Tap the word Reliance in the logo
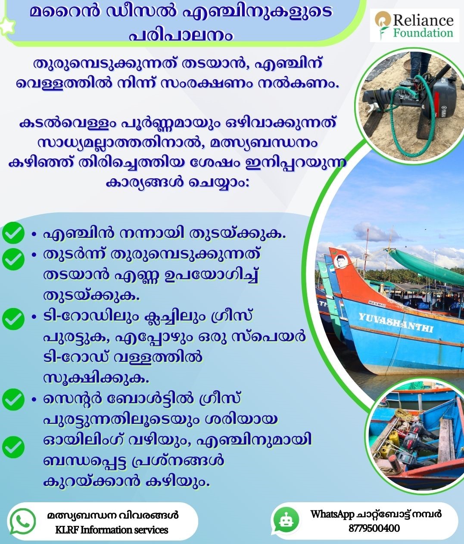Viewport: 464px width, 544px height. [x=424, y=20]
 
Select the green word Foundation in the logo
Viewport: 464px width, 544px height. [x=424, y=34]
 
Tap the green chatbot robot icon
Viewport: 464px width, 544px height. [x=286, y=520]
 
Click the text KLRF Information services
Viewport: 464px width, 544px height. [x=112, y=529]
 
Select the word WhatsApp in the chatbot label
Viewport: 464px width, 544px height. [x=332, y=514]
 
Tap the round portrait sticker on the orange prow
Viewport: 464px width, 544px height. [x=342, y=261]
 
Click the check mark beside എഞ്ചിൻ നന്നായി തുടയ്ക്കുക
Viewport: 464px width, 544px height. [x=13, y=233]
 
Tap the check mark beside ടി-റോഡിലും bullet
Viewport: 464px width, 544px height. [x=13, y=319]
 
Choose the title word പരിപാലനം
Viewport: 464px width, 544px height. [x=181, y=35]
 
